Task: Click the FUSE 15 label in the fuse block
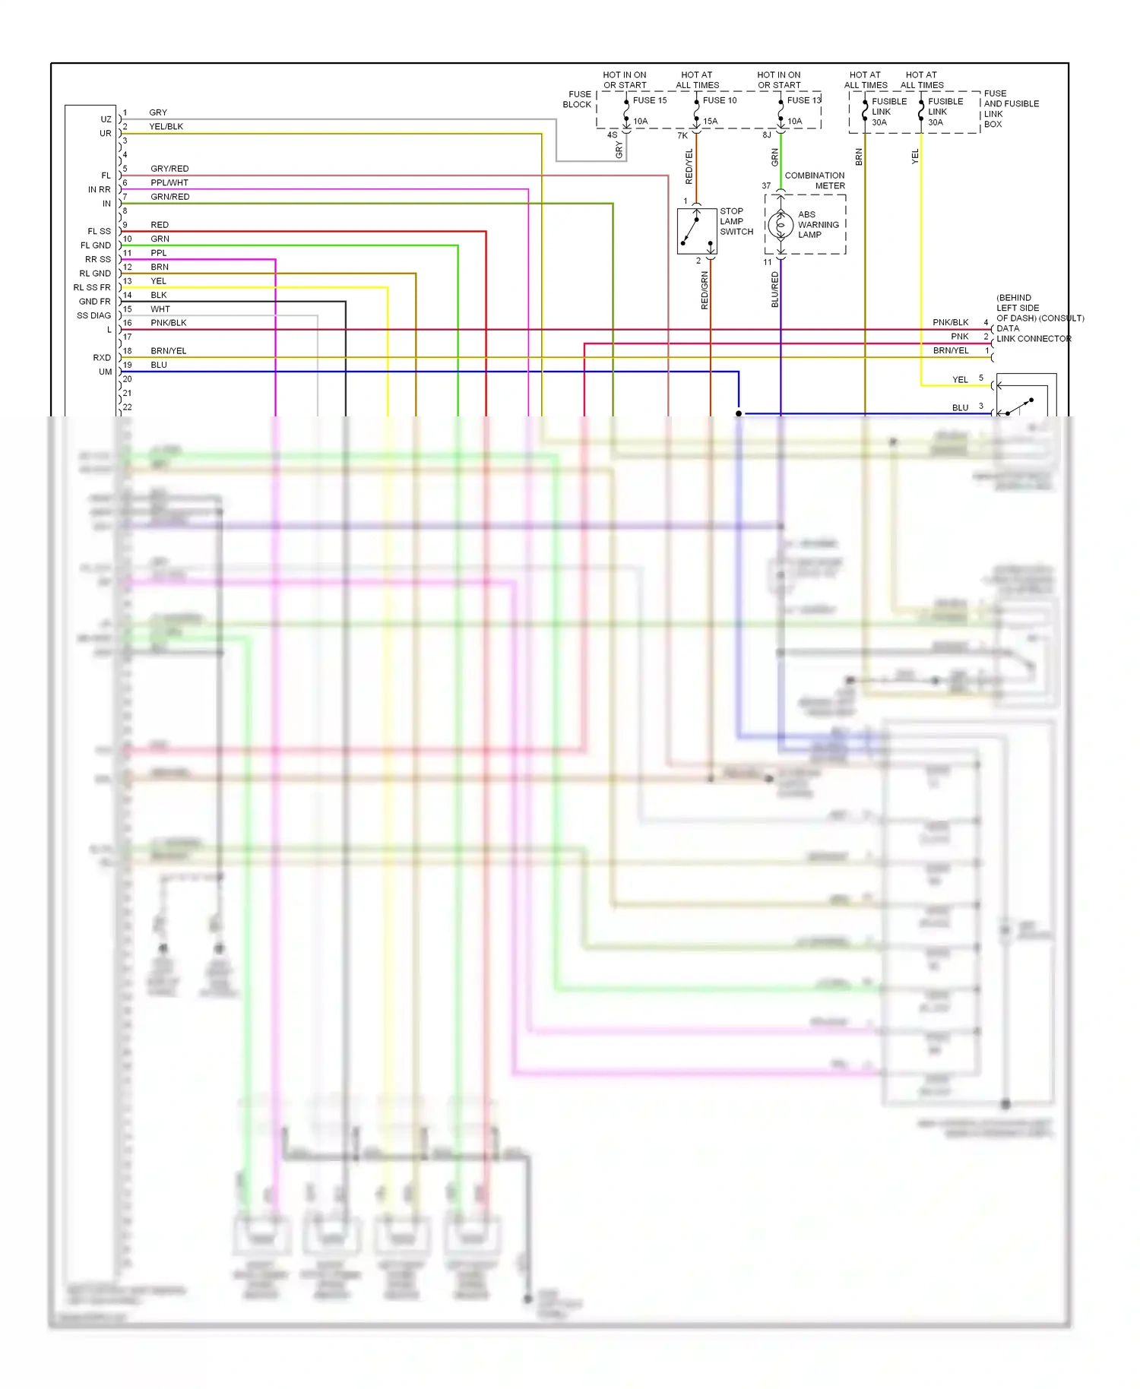[649, 100]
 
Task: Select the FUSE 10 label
[719, 100]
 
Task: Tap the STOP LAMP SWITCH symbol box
[697, 231]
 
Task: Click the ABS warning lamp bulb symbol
[780, 225]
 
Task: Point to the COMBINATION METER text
[814, 180]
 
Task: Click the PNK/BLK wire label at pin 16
[168, 323]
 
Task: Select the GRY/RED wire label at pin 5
[169, 169]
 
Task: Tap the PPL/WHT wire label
[169, 182]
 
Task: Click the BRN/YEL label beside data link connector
[950, 350]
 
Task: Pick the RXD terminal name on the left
[102, 357]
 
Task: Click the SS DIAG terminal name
[93, 315]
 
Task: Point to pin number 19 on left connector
[127, 365]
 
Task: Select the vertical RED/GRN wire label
[705, 290]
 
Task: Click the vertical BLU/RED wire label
[775, 290]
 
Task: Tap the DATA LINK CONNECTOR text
[1033, 334]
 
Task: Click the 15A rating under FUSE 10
[710, 122]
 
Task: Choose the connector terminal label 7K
[682, 136]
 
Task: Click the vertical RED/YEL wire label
[689, 167]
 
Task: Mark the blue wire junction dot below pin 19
[739, 413]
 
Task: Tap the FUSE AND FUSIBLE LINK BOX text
[1010, 109]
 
